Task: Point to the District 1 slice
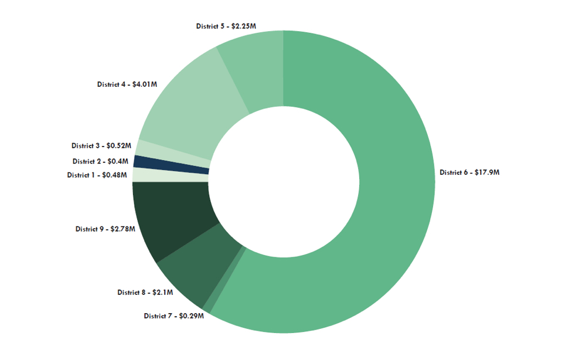[170, 175]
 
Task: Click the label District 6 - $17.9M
[469, 172]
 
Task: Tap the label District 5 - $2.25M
[226, 26]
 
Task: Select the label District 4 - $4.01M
[127, 84]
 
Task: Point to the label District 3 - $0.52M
[101, 145]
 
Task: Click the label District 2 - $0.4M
[100, 161]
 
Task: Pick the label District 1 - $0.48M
[97, 175]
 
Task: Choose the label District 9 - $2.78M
[105, 229]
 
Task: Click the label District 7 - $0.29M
[173, 316]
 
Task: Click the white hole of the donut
[284, 182]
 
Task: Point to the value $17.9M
[485, 172]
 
